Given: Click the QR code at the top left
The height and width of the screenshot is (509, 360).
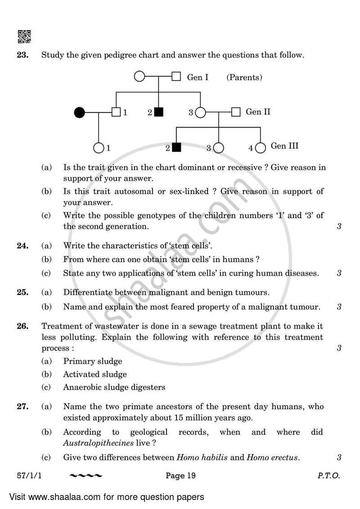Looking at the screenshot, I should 24,36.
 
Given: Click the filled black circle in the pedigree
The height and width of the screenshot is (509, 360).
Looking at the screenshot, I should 80,113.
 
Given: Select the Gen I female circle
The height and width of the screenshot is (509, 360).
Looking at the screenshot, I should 140,77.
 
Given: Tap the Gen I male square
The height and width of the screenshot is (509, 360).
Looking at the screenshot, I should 176,77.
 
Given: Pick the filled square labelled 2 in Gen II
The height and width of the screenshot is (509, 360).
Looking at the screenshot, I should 158,113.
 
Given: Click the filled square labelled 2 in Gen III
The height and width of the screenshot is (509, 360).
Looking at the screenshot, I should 176,147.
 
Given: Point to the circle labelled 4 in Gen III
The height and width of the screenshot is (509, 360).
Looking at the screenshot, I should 260,147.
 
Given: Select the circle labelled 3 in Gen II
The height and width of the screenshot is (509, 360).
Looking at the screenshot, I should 200,113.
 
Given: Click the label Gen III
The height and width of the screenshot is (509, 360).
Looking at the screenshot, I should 284,146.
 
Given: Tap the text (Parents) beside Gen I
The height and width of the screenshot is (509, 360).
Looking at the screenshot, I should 244,77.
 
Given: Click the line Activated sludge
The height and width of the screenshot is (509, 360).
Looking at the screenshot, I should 95,374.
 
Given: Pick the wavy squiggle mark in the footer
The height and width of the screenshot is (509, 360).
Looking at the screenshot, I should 86,476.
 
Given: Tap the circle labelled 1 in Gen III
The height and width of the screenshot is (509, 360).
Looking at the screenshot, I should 99,147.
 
